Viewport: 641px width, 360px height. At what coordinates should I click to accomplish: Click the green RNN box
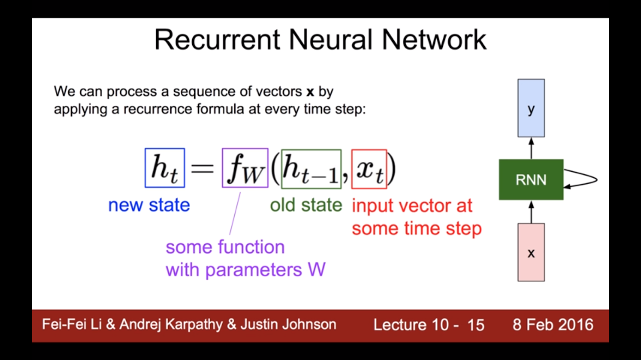coord(531,179)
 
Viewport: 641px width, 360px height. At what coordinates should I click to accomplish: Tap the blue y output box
coord(531,108)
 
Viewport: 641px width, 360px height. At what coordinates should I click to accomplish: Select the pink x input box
coord(531,252)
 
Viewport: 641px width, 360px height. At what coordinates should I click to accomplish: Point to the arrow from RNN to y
coord(531,149)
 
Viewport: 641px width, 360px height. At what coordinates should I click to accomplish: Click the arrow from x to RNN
coord(531,212)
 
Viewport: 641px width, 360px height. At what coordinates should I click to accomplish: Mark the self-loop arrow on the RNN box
coord(597,180)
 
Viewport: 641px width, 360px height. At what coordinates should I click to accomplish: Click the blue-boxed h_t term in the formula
coord(165,168)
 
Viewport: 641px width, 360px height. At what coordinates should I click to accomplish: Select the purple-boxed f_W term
coord(245,168)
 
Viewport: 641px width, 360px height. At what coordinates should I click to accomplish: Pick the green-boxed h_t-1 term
coord(311,169)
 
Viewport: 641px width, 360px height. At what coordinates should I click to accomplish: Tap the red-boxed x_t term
coord(369,169)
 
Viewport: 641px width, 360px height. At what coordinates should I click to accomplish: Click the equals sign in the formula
coord(202,169)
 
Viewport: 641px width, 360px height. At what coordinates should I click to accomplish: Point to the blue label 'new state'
coord(149,205)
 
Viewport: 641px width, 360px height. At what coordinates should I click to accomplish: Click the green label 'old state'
coord(306,205)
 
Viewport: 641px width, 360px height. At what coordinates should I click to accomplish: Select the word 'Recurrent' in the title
coord(217,40)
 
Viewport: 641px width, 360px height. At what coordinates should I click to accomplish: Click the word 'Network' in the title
coord(434,40)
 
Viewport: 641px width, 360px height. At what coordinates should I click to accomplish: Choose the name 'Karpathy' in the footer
coord(194,325)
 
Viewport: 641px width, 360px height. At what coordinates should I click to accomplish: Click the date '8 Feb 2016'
coord(553,325)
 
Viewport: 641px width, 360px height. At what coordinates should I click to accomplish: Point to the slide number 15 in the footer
coord(476,325)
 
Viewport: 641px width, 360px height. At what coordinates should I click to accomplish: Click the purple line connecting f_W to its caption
coord(235,213)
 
